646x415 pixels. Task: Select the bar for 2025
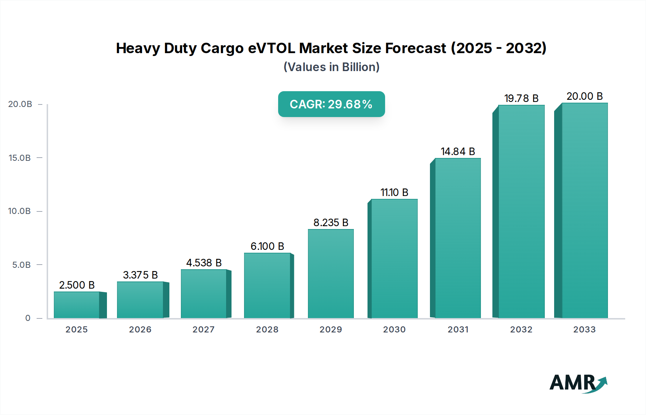(77, 305)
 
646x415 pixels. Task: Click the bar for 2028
(267, 285)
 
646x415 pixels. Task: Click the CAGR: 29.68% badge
(331, 104)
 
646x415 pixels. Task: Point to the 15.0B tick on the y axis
(20, 158)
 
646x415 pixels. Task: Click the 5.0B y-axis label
(21, 265)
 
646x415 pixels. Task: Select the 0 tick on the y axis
(28, 318)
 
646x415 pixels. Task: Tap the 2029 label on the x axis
(331, 330)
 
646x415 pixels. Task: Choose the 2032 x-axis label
(521, 330)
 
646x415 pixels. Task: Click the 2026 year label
(140, 330)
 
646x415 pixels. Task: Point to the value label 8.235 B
(331, 223)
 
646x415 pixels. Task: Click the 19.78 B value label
(521, 98)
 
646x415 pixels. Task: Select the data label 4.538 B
(203, 263)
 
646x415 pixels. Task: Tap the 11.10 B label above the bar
(394, 192)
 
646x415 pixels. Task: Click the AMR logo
(578, 383)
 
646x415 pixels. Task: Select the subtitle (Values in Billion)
(331, 67)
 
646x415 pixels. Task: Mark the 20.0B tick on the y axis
(20, 104)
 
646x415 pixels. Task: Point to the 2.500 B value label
(77, 285)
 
